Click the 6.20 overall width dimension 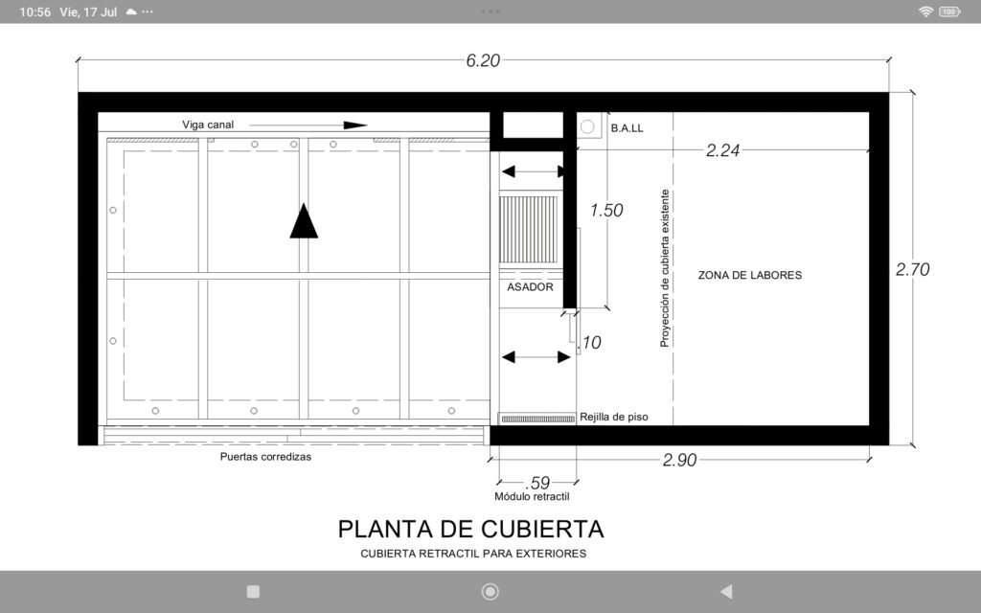point(483,60)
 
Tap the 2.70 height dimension point(912,269)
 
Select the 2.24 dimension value point(722,150)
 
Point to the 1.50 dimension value point(606,210)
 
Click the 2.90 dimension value point(679,460)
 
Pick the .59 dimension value point(537,483)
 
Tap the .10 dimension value point(589,343)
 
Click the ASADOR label point(530,287)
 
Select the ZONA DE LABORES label point(749,275)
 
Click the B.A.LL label point(627,128)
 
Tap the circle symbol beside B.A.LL point(587,127)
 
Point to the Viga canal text point(208,125)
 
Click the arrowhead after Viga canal point(354,125)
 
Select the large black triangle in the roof point(304,221)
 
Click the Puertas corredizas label point(265,457)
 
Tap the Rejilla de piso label point(614,418)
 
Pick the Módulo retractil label point(532,497)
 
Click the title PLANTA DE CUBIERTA point(470,529)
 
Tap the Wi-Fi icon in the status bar point(925,11)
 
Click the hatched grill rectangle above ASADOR point(528,230)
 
